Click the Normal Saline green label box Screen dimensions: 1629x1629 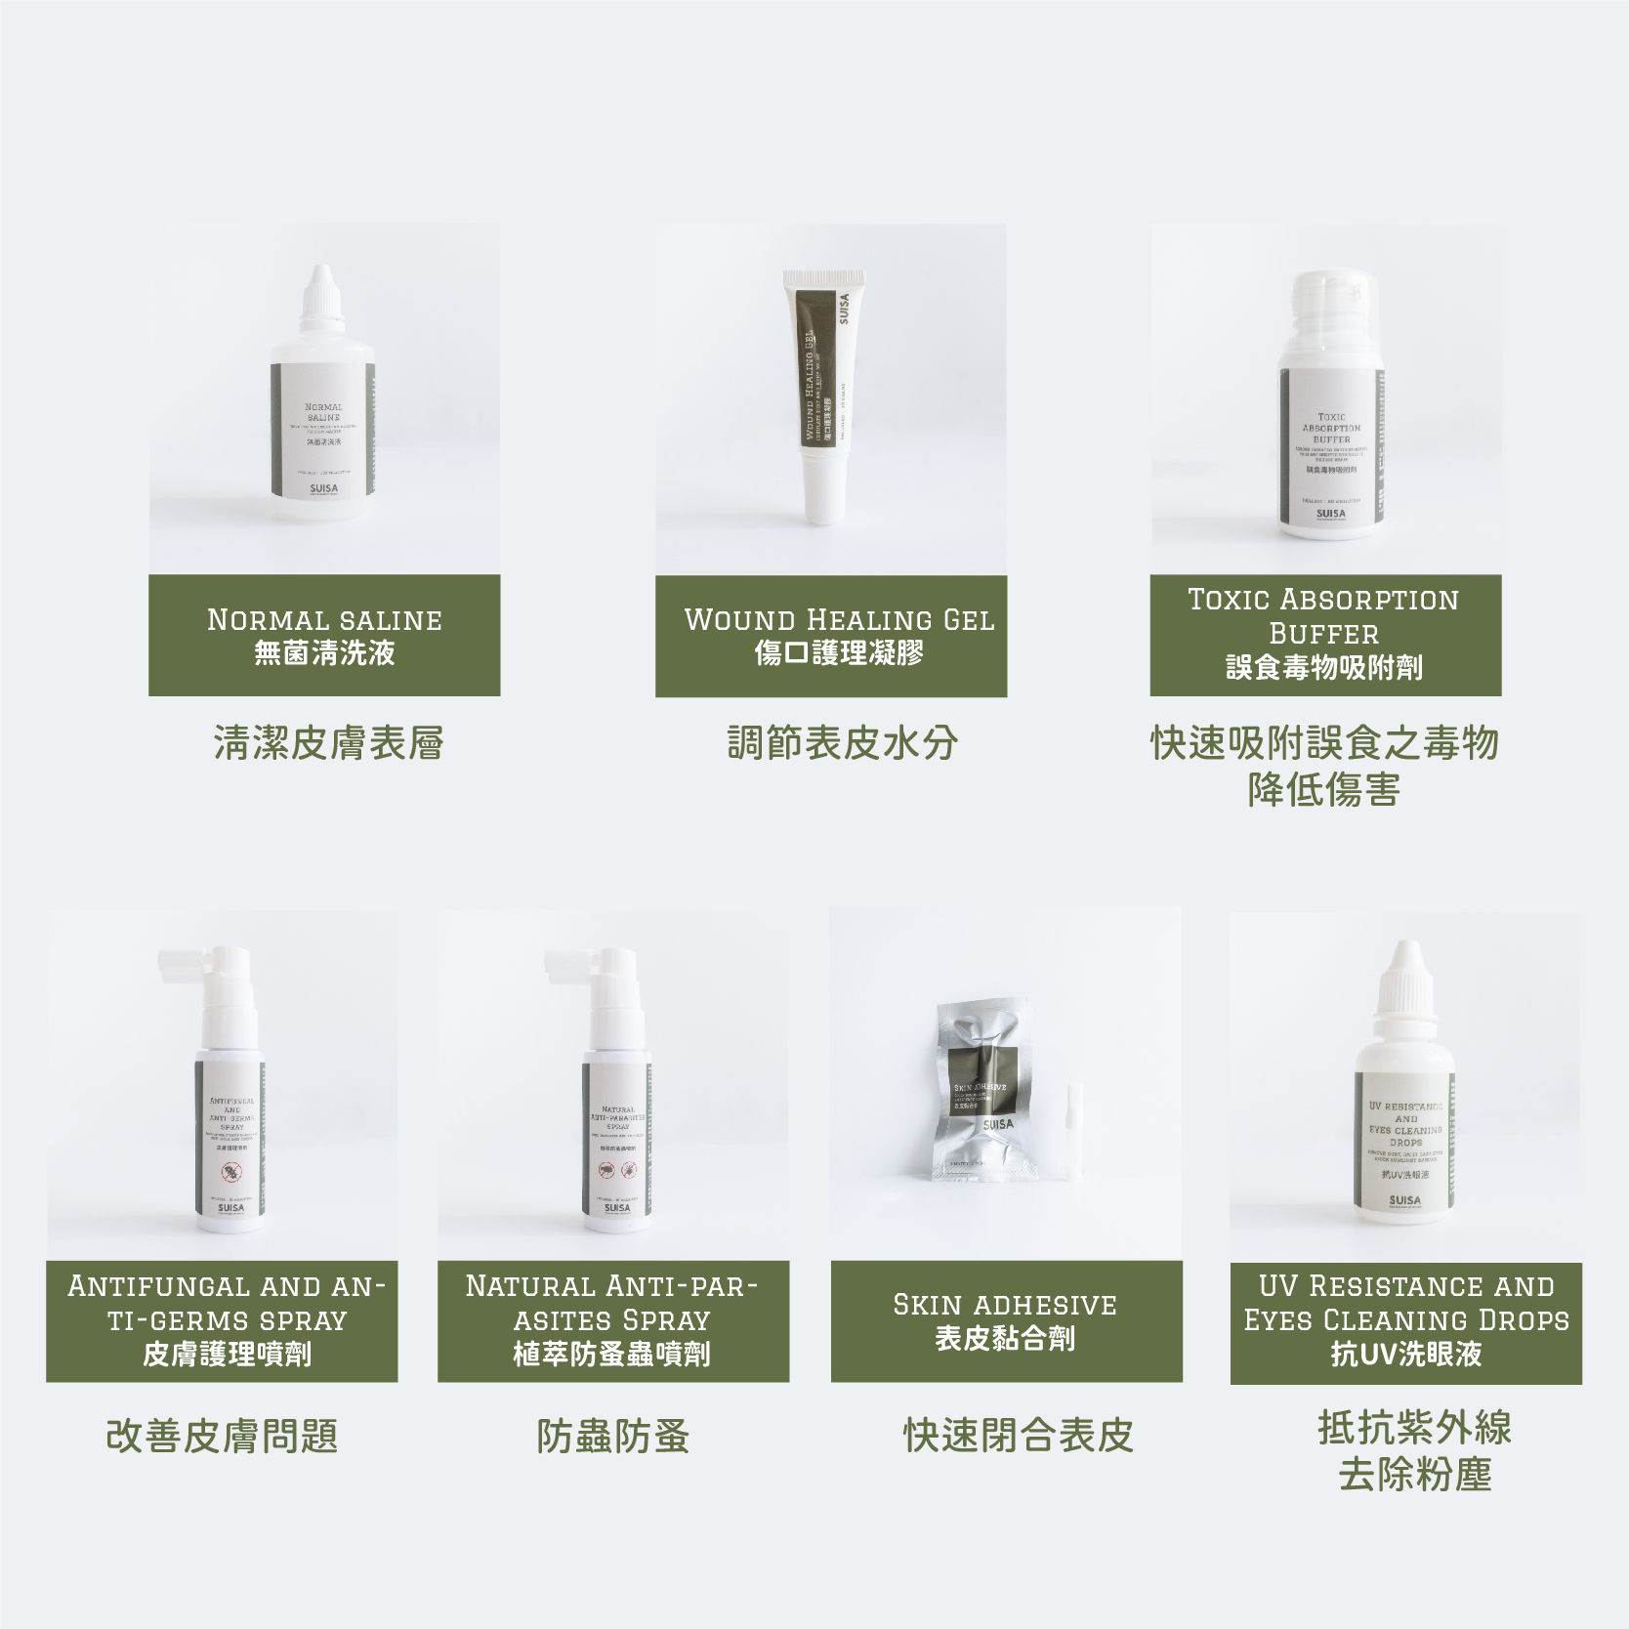tap(324, 635)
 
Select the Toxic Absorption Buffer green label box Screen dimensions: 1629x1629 tap(1325, 635)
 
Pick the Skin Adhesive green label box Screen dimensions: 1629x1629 tap(1006, 1321)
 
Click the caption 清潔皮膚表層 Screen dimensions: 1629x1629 tap(328, 743)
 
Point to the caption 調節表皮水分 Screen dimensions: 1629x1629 tap(842, 743)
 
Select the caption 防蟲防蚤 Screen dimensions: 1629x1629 tap(613, 1437)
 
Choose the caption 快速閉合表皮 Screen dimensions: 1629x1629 tap(1018, 1436)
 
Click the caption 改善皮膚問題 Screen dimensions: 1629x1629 tap(222, 1437)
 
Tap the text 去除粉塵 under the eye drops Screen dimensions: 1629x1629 tap(1414, 1475)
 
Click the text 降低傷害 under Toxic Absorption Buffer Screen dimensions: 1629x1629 tap(1323, 790)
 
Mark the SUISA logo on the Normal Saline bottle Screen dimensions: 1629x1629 tap(323, 488)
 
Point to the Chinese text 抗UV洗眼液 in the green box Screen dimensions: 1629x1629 tap(1405, 1354)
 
